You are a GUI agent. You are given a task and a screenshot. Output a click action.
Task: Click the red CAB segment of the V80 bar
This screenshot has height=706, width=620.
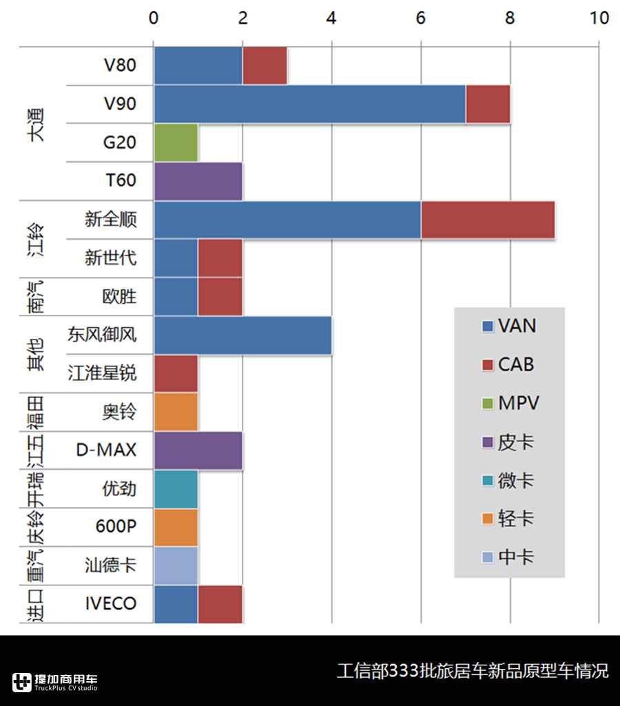pos(265,65)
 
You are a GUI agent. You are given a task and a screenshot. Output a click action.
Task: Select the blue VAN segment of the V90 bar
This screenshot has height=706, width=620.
pos(309,104)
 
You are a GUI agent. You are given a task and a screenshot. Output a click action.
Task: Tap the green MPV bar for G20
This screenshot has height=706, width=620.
pos(176,143)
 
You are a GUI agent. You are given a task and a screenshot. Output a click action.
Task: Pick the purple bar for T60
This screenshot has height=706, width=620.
pos(198,181)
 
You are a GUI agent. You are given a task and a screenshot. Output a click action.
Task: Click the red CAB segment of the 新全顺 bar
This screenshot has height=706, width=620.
pos(487,220)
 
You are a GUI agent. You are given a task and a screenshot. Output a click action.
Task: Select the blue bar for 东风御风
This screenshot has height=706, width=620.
pos(242,335)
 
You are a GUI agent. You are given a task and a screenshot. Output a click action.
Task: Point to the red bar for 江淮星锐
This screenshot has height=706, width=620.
pos(176,374)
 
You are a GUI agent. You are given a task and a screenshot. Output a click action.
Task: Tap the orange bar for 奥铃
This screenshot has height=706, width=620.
pos(176,413)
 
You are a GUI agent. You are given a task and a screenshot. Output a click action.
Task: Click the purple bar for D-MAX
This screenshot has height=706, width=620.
pos(198,450)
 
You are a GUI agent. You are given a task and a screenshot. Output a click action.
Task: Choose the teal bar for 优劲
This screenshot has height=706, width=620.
pos(176,489)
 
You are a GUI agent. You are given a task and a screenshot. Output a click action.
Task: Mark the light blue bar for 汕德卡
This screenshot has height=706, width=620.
pos(176,566)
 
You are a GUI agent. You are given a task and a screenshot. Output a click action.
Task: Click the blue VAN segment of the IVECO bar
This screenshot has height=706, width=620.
pos(176,604)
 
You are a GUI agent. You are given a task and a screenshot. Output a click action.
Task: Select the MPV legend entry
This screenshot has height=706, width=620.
pos(510,403)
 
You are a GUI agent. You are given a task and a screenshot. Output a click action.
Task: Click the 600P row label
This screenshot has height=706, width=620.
pos(116,528)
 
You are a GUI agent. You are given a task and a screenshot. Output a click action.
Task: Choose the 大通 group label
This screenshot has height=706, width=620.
pos(35,124)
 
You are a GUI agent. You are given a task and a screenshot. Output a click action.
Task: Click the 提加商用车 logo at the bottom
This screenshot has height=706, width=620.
pos(55,681)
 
